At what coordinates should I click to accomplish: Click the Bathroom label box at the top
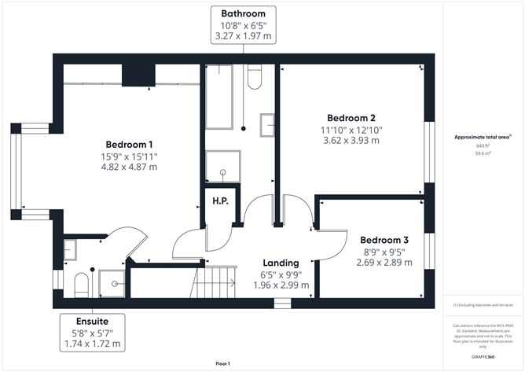click(243, 24)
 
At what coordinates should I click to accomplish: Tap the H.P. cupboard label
click(219, 201)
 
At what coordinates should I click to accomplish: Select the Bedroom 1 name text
click(130, 145)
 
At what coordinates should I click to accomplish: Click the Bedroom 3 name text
click(384, 240)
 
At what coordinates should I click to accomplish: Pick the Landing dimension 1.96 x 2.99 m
click(281, 285)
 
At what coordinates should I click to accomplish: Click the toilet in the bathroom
click(254, 77)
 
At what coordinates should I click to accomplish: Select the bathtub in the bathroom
click(218, 97)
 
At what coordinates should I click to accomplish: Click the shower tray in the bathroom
click(222, 166)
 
